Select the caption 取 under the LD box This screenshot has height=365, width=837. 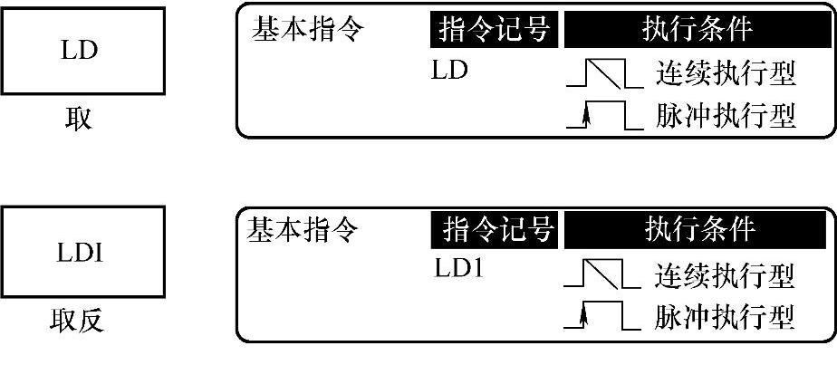[79, 120]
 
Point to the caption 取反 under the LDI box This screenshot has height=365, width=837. [79, 322]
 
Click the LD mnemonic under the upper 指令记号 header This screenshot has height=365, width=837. [450, 70]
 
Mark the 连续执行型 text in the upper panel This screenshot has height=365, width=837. [725, 75]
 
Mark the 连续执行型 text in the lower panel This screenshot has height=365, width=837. [725, 274]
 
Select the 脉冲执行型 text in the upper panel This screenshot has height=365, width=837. [725, 117]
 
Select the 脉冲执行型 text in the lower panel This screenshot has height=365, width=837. [725, 316]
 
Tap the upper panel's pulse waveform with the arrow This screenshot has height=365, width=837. [600, 116]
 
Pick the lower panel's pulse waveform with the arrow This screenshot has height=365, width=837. [598, 315]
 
